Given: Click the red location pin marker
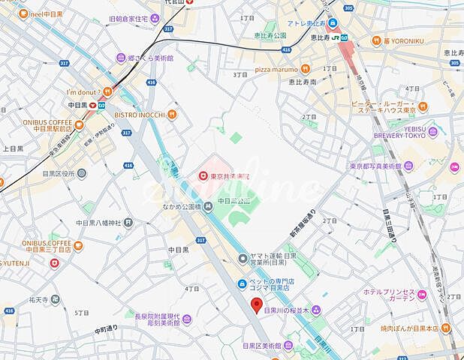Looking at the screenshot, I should point(256,305).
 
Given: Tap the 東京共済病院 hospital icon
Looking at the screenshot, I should point(203,175).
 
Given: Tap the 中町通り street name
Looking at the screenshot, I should point(107,328).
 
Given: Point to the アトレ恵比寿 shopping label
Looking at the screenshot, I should point(303,24).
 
